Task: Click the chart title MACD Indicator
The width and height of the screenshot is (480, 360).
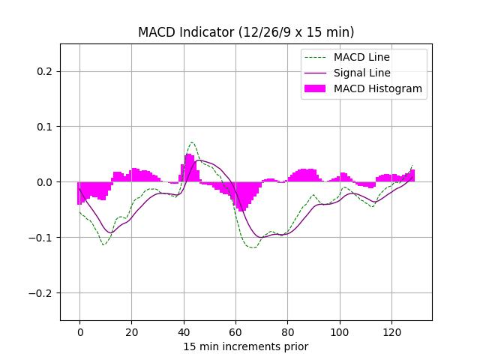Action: pos(246,32)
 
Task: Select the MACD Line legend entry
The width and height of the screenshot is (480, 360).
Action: pos(361,57)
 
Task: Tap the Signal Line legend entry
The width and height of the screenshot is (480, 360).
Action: pos(362,73)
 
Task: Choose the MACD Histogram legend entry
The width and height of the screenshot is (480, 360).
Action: pos(378,88)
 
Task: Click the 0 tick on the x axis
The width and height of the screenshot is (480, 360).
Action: pos(79,331)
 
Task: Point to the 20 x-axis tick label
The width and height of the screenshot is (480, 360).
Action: pos(131,331)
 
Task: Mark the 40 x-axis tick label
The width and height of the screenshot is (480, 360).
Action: pos(184,331)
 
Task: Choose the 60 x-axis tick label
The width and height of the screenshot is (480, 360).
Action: pos(235,331)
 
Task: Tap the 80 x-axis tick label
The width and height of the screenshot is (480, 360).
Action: pos(287,331)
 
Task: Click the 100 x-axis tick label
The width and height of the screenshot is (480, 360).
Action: pos(340,331)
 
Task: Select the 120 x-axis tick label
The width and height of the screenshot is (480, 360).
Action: pos(391,331)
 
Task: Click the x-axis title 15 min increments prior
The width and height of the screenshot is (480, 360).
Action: pos(246,346)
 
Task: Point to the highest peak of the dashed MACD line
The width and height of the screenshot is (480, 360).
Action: pos(192,142)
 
